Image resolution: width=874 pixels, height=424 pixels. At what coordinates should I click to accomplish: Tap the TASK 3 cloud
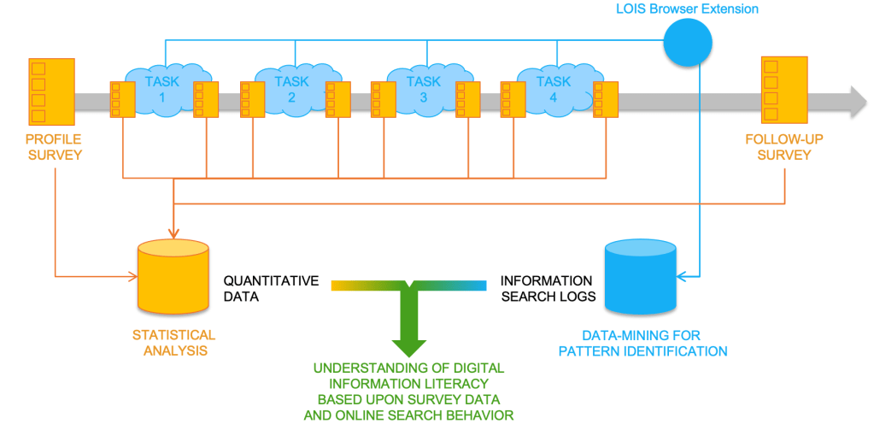422,89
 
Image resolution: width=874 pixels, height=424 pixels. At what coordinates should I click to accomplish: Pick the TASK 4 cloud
553,89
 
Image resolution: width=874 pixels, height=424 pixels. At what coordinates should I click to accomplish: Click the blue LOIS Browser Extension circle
689,44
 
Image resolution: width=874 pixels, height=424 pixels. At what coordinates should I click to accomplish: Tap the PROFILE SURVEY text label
53,147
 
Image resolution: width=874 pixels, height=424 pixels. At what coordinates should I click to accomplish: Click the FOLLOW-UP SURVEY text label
783,147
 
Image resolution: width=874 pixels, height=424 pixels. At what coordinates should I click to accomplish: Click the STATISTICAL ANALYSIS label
173,342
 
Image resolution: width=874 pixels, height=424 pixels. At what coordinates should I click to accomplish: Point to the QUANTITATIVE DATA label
271,288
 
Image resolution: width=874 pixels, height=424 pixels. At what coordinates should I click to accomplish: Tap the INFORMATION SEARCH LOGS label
546,288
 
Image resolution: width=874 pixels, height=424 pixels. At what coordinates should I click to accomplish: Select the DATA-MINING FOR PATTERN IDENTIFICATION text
654,343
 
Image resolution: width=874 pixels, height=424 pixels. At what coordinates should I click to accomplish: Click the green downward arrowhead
408,342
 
